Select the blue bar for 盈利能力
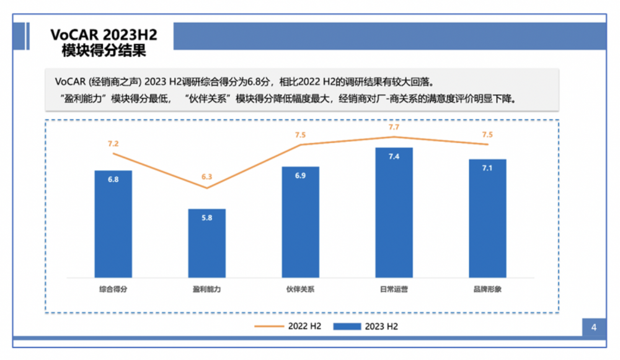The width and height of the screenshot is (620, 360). click(206, 245)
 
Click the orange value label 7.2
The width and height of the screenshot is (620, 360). click(113, 144)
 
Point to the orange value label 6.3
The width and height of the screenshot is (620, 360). click(206, 177)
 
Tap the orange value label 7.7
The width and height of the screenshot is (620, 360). click(394, 127)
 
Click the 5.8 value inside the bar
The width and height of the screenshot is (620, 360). click(206, 219)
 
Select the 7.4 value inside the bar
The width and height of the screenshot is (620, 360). click(394, 157)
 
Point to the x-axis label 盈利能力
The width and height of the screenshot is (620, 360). click(206, 289)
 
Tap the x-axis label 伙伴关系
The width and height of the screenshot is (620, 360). click(300, 289)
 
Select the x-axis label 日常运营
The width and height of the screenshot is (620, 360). click(394, 289)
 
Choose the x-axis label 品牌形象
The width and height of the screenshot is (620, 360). click(487, 289)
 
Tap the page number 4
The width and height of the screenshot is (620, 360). click(593, 328)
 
